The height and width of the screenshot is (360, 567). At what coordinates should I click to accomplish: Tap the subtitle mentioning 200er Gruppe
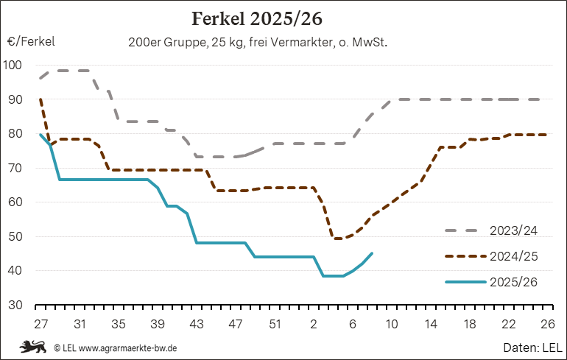tap(258, 43)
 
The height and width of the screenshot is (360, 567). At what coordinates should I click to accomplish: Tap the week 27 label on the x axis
tap(40, 323)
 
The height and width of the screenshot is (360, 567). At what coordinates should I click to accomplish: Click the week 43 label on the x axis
tap(197, 323)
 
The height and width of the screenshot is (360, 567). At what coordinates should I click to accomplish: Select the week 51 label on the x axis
tap(275, 323)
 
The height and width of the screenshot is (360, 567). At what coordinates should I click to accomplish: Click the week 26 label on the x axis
tap(548, 323)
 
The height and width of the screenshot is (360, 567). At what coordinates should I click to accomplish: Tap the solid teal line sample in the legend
tap(465, 282)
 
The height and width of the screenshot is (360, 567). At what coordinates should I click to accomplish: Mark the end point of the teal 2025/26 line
tap(373, 253)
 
